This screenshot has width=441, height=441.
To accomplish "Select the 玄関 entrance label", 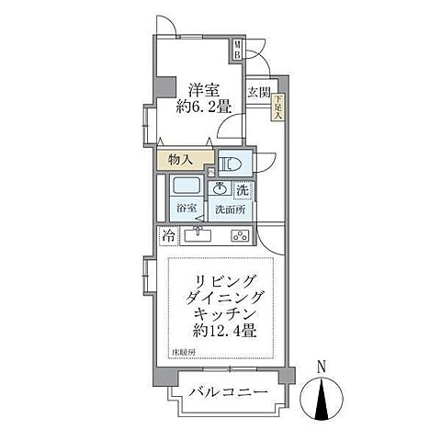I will point(258,93).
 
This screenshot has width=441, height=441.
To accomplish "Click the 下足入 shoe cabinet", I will point(278,108).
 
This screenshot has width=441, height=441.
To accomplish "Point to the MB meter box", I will point(236,50).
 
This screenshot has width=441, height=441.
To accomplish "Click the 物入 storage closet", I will point(180,160).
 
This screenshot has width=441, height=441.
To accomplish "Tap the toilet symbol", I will point(231,164).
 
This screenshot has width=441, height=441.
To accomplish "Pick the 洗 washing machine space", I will point(243,190).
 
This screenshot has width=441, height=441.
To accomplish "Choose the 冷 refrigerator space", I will point(169,236).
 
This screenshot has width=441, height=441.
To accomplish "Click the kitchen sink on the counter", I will point(198,236).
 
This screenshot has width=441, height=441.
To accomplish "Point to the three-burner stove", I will point(241,236).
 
